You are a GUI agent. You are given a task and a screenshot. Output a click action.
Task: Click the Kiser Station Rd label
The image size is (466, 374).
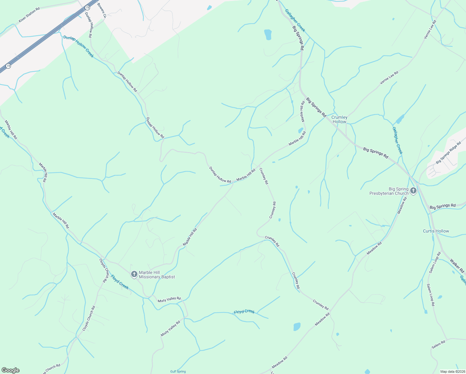[x=29, y=15]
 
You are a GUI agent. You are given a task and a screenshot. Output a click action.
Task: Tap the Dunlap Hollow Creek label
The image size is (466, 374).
[x=78, y=46]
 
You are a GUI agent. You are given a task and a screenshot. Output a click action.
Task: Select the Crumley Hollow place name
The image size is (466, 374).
[x=339, y=119]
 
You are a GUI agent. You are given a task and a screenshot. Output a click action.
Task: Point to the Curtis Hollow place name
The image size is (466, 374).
[x=436, y=231]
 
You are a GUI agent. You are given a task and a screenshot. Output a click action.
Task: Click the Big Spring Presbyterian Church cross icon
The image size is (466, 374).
[x=413, y=191]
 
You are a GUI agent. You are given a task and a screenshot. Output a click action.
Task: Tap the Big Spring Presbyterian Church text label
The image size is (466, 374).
[x=389, y=191]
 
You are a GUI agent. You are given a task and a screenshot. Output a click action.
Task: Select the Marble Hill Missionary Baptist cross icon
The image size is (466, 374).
[x=134, y=274]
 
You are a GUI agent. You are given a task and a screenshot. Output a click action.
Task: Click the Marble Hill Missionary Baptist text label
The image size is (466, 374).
[x=157, y=275]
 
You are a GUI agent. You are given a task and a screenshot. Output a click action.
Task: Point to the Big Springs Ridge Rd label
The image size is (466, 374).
[x=448, y=152]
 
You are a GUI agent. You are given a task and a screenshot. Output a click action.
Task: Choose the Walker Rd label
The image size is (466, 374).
[x=457, y=266]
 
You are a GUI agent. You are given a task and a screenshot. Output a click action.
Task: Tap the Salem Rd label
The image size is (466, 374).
[x=438, y=344]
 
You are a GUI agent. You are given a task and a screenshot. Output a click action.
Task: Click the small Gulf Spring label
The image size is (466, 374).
[x=178, y=372]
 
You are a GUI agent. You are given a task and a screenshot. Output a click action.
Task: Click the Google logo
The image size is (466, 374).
[x=11, y=370]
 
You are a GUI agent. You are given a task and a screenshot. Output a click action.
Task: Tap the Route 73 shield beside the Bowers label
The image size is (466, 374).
[x=87, y=7]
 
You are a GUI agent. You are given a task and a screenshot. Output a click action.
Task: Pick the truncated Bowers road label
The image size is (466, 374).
[x=102, y=10]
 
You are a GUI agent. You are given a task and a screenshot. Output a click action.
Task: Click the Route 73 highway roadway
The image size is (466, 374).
[x=47, y=37]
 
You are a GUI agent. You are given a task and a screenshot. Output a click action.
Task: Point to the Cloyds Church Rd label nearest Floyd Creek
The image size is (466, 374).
[x=105, y=270]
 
